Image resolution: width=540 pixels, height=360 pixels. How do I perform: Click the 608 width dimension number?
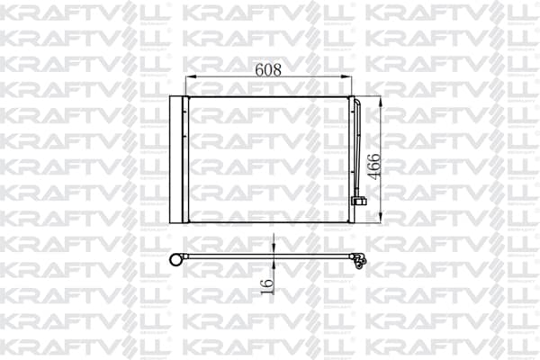tap(268, 70)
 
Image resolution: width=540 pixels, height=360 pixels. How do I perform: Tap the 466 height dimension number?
tap(374, 166)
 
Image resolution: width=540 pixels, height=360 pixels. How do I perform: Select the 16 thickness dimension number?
tap(267, 286)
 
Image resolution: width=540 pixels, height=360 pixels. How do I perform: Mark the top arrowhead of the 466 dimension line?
tap(380, 103)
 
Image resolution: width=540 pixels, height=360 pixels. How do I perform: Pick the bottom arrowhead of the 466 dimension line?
tap(380, 217)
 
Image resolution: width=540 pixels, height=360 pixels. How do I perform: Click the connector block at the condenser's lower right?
tap(358, 201)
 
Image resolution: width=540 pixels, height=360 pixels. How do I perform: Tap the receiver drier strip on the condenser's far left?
tap(175, 159)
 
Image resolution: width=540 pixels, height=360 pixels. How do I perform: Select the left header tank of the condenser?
tap(185, 159)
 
